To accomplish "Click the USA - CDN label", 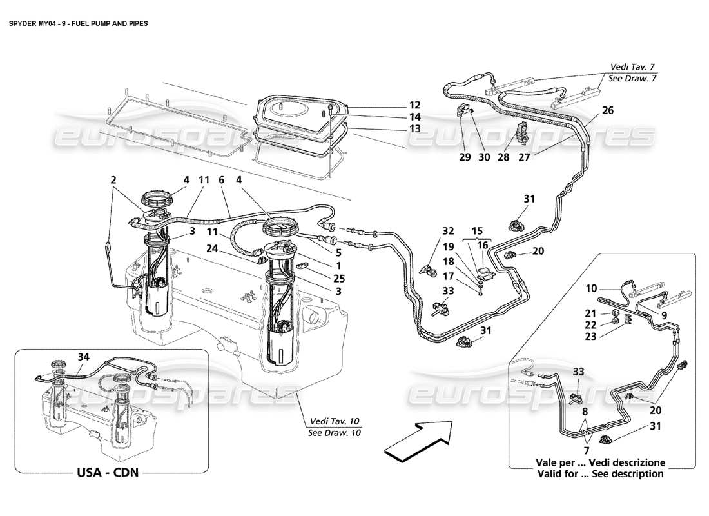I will tap(108, 472).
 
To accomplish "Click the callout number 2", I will tap(114, 182).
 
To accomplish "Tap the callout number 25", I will tap(340, 279).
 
